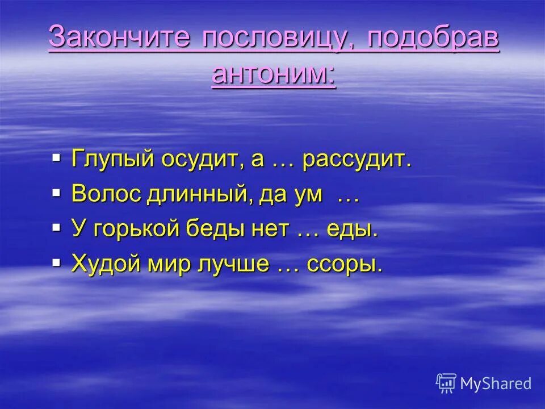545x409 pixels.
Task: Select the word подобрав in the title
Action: click(x=433, y=39)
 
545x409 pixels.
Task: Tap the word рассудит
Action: click(x=357, y=160)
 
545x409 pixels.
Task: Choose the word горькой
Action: click(x=137, y=229)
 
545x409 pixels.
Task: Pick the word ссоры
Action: click(x=345, y=265)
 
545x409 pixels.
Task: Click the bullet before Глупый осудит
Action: click(x=56, y=157)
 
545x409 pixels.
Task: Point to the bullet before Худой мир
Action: click(x=56, y=262)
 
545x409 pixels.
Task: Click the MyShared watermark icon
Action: click(x=446, y=383)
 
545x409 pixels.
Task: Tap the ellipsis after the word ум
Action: click(x=347, y=196)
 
